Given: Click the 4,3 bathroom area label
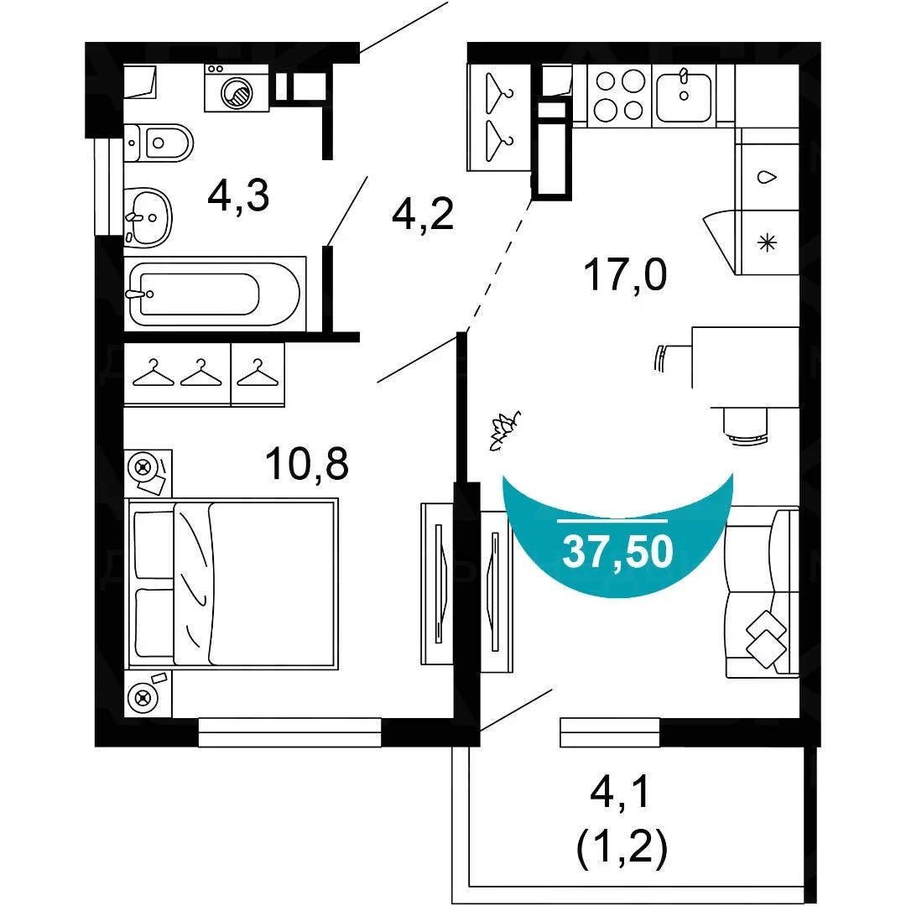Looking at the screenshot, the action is pyautogui.click(x=238, y=195).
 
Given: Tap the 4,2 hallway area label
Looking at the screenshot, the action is pyautogui.click(x=422, y=213).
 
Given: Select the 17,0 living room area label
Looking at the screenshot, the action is pyautogui.click(x=625, y=274).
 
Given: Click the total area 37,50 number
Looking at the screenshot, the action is pyautogui.click(x=617, y=550).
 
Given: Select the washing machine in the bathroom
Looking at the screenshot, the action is pyautogui.click(x=237, y=88).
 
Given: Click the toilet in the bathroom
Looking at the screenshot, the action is pyautogui.click(x=159, y=142).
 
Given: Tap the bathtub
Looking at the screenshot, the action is pyautogui.click(x=215, y=294).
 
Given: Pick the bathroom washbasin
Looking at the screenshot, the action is pyautogui.click(x=148, y=217).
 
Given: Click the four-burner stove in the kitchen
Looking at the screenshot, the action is pyautogui.click(x=619, y=96).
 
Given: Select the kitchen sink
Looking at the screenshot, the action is pyautogui.click(x=685, y=96).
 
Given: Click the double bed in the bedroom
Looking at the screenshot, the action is pyautogui.click(x=232, y=584).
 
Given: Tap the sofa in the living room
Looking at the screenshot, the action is pyautogui.click(x=763, y=592).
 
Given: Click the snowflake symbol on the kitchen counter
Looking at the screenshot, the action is pyautogui.click(x=768, y=242).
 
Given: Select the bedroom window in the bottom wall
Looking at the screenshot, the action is pyautogui.click(x=289, y=732).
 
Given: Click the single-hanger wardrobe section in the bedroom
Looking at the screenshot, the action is pyautogui.click(x=258, y=374).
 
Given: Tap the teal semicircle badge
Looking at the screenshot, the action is pyautogui.click(x=617, y=534).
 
